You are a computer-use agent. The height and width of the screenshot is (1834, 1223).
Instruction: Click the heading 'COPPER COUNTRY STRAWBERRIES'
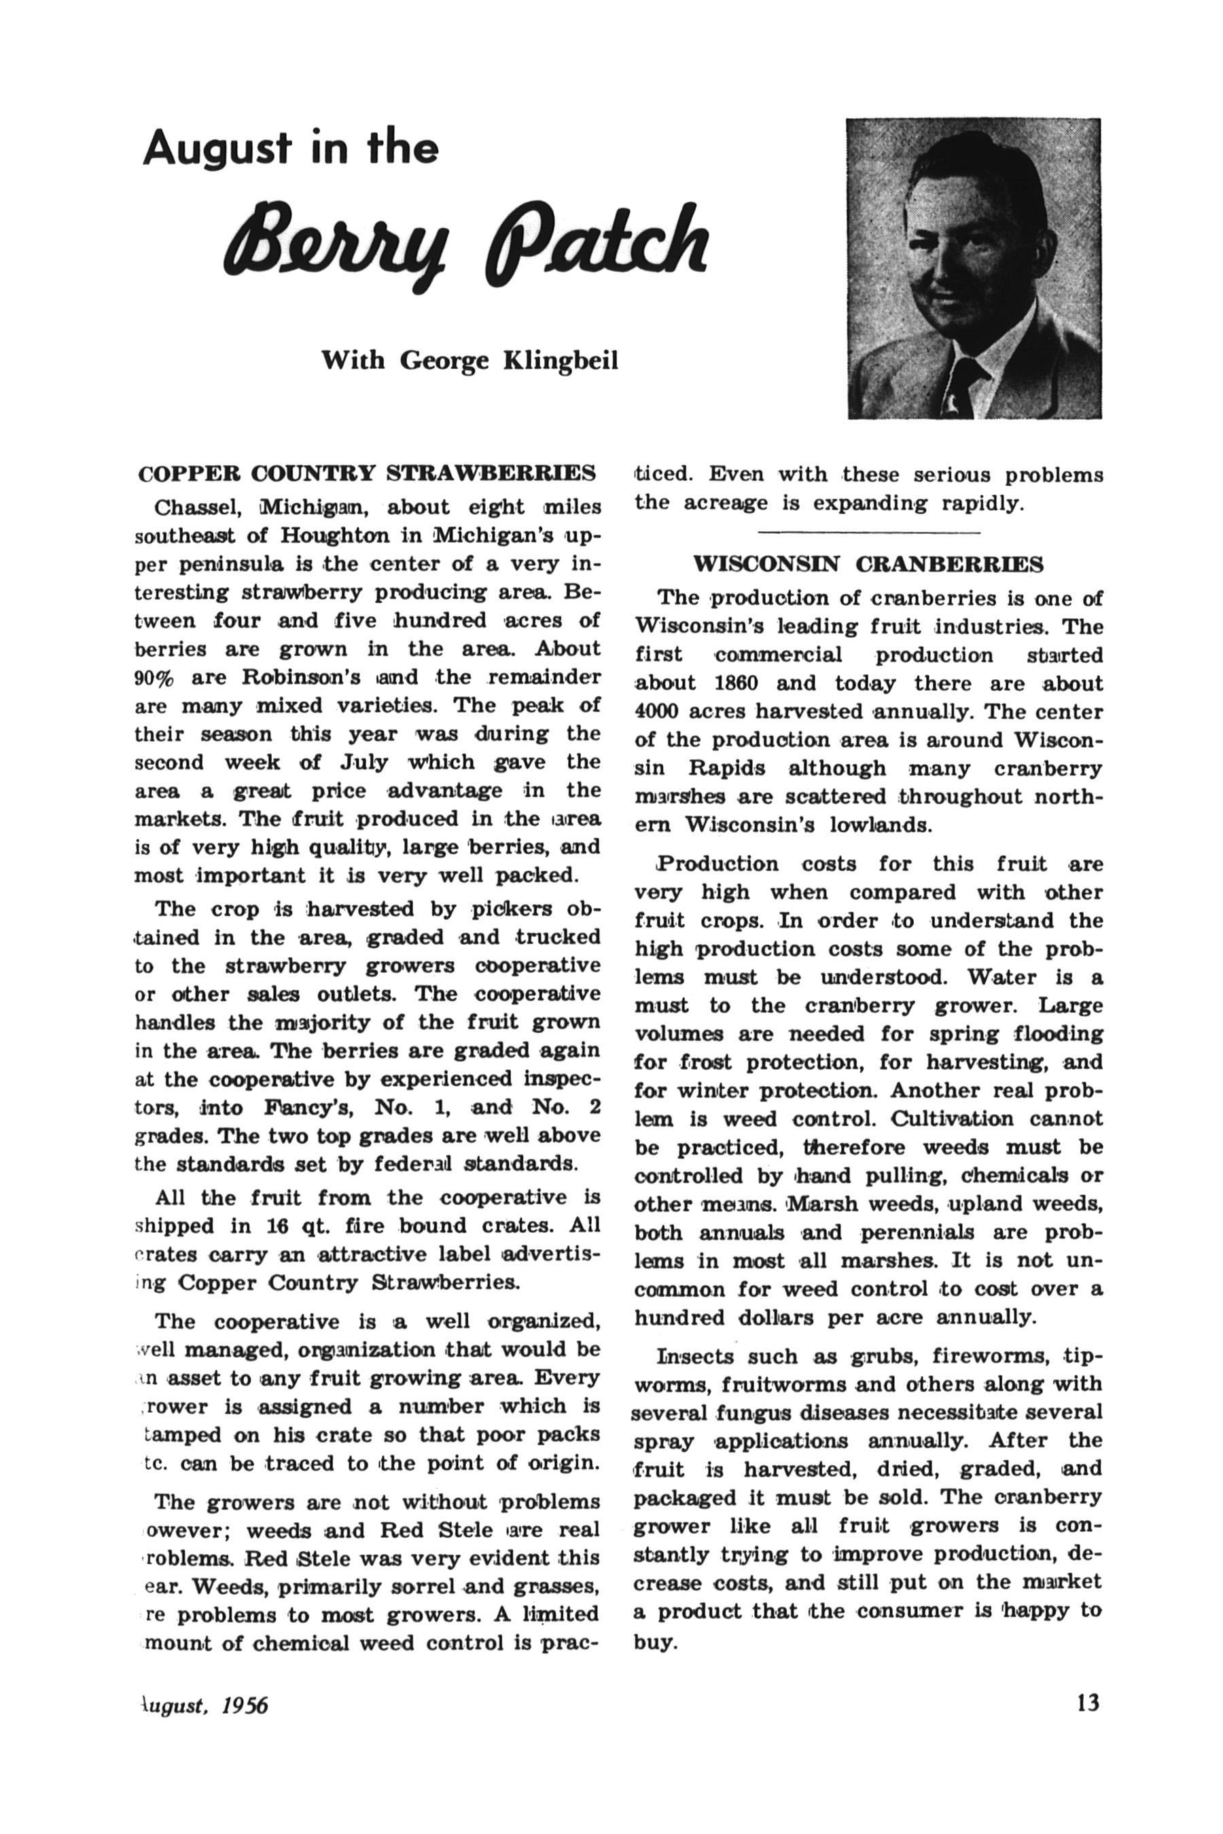[367, 473]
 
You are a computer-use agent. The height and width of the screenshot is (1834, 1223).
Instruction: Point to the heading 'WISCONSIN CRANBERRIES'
[868, 564]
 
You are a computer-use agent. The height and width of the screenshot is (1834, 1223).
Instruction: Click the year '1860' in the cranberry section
[737, 683]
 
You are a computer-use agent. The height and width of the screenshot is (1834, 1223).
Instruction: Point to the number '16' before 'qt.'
[279, 1226]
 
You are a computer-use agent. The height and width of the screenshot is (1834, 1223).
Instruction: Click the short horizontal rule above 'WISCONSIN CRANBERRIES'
[868, 533]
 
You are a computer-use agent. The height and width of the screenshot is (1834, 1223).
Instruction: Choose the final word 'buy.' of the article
[654, 1643]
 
